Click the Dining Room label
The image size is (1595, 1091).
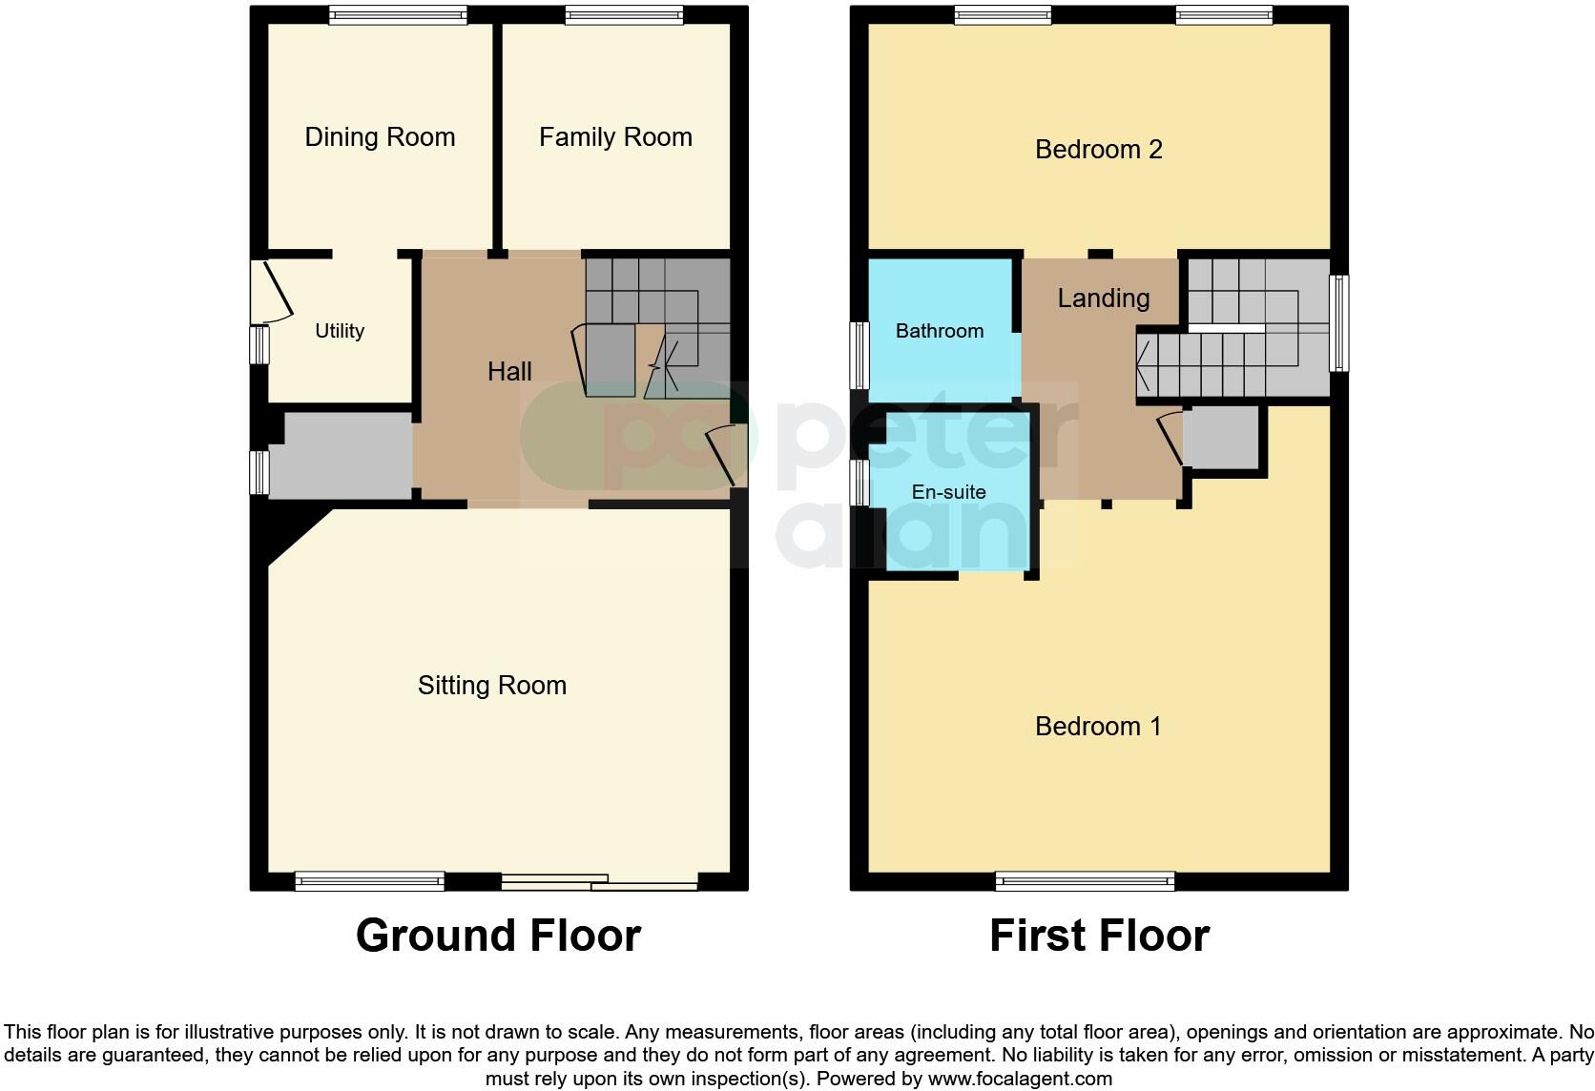pyautogui.click(x=380, y=137)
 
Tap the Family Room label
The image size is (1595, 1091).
pyautogui.click(x=615, y=137)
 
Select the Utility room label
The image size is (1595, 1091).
pyautogui.click(x=340, y=331)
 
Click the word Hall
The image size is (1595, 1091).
pyautogui.click(x=509, y=372)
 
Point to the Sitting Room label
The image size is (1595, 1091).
pyautogui.click(x=492, y=686)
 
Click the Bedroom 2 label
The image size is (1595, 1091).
pyautogui.click(x=1098, y=150)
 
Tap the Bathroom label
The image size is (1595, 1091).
pyautogui.click(x=939, y=331)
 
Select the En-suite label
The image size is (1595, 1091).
pyautogui.click(x=948, y=492)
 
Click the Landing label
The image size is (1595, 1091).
pyautogui.click(x=1103, y=298)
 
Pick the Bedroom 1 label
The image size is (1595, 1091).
pyautogui.click(x=1098, y=727)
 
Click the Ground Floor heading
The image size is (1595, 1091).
pyautogui.click(x=498, y=936)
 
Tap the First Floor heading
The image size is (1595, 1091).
pyautogui.click(x=1099, y=936)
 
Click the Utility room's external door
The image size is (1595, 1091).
pyautogui.click(x=272, y=290)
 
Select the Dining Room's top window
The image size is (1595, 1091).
pyautogui.click(x=398, y=14)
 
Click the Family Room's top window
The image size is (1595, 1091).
pyautogui.click(x=623, y=14)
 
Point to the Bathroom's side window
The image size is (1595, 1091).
pyautogui.click(x=860, y=355)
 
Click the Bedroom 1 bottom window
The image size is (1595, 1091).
pyautogui.click(x=1085, y=881)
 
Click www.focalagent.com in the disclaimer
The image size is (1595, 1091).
pyautogui.click(x=1020, y=1080)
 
